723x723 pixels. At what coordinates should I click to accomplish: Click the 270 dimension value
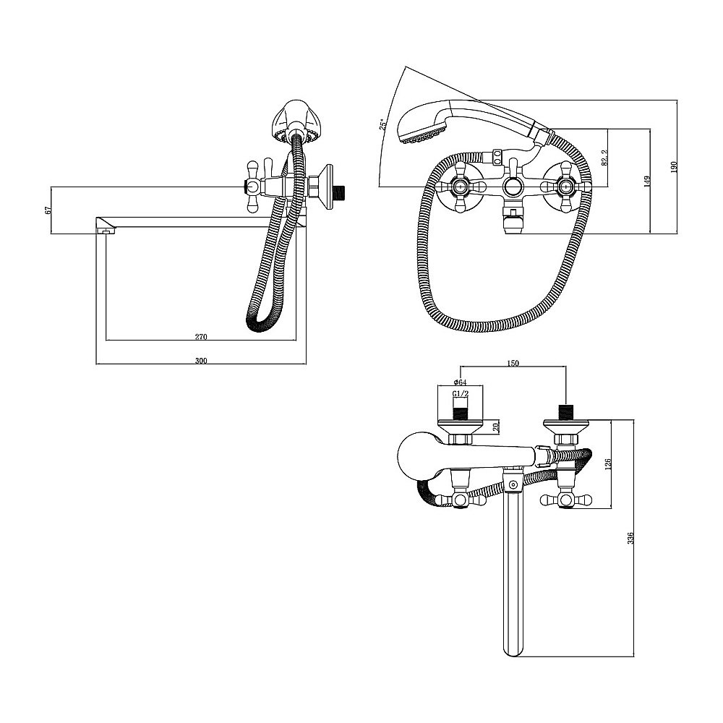pyautogui.click(x=201, y=337)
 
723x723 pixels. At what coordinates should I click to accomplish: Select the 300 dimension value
pyautogui.click(x=201, y=361)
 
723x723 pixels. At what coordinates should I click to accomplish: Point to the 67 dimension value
pyautogui.click(x=47, y=210)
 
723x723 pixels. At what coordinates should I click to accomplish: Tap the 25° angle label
pyautogui.click(x=382, y=125)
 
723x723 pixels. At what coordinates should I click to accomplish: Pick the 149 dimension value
pyautogui.click(x=646, y=181)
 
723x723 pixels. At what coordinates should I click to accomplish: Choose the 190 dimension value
pyautogui.click(x=674, y=166)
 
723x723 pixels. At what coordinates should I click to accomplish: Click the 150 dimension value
pyautogui.click(x=513, y=364)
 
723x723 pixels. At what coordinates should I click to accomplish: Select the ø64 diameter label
pyautogui.click(x=460, y=382)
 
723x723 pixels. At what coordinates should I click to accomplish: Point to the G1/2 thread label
pyautogui.click(x=460, y=393)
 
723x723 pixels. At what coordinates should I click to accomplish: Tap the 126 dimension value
pyautogui.click(x=607, y=463)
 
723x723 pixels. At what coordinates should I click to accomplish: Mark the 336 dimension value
pyautogui.click(x=630, y=538)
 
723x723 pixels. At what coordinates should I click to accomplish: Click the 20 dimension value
pyautogui.click(x=496, y=427)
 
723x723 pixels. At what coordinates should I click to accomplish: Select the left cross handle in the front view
pyautogui.click(x=459, y=187)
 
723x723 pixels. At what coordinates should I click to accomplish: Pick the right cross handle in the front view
pyautogui.click(x=566, y=187)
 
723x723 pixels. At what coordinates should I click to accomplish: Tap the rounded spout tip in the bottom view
pyautogui.click(x=513, y=649)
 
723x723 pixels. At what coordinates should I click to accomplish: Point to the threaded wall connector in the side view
pyautogui.click(x=341, y=189)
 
